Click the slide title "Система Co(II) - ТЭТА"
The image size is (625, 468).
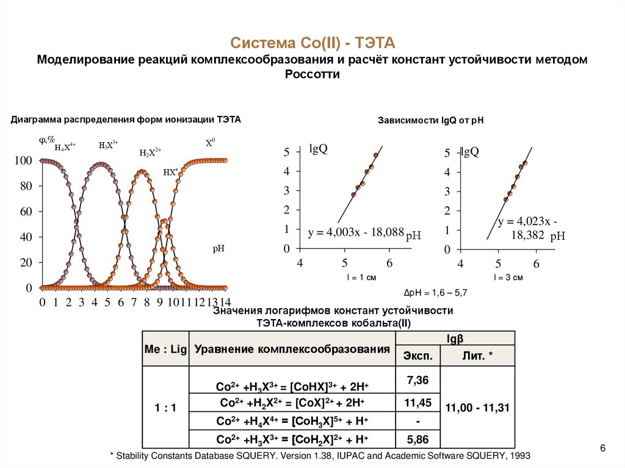312,43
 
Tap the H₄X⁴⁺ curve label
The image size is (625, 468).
65,146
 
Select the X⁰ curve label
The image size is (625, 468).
210,143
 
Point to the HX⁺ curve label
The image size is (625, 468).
171,172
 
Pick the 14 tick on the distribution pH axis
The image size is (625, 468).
225,302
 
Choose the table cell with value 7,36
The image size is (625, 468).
417,381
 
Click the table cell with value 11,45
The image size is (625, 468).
417,402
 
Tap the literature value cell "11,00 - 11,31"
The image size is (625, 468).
478,408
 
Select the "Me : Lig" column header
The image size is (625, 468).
165,348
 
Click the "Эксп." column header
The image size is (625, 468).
417,356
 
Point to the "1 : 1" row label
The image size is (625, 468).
165,408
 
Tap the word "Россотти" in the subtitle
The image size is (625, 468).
312,74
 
